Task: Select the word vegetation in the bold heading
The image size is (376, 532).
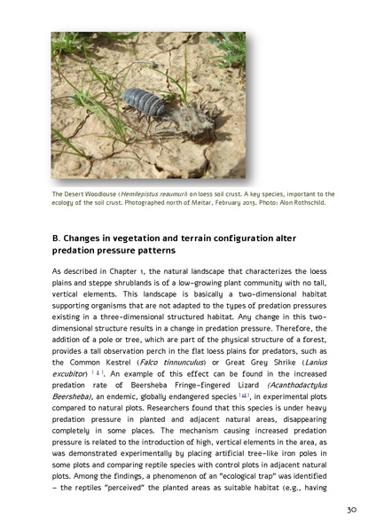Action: (x=134, y=239)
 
